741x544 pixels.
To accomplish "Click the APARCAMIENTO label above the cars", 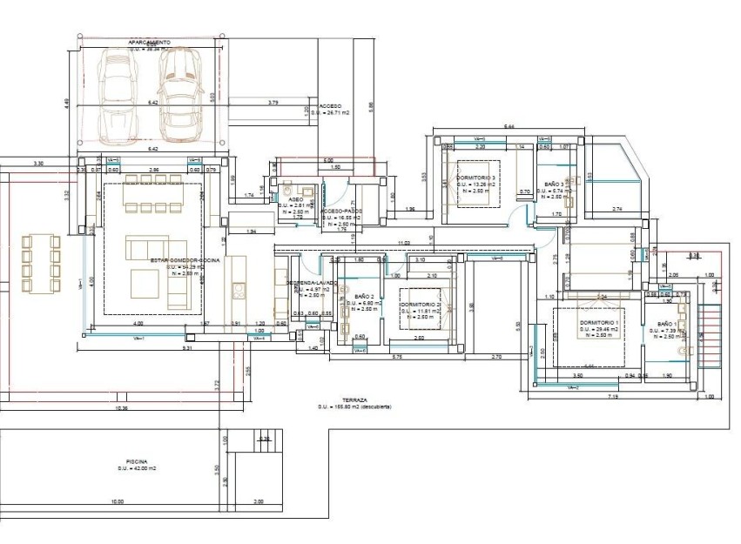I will click(149, 42).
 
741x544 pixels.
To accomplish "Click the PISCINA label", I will click(136, 462).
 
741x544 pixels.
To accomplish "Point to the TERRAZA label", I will click(354, 400).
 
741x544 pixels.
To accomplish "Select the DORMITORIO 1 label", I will click(599, 323).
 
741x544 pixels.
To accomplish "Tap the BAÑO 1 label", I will click(665, 324).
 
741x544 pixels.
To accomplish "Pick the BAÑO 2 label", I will click(364, 297).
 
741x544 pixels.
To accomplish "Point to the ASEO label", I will click(296, 199).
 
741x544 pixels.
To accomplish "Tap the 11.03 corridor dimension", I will click(404, 243).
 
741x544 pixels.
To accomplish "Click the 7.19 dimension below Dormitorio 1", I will click(612, 397).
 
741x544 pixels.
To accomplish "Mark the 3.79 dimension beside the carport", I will click(273, 103).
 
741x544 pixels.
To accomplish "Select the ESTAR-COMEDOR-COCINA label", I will click(185, 260).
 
